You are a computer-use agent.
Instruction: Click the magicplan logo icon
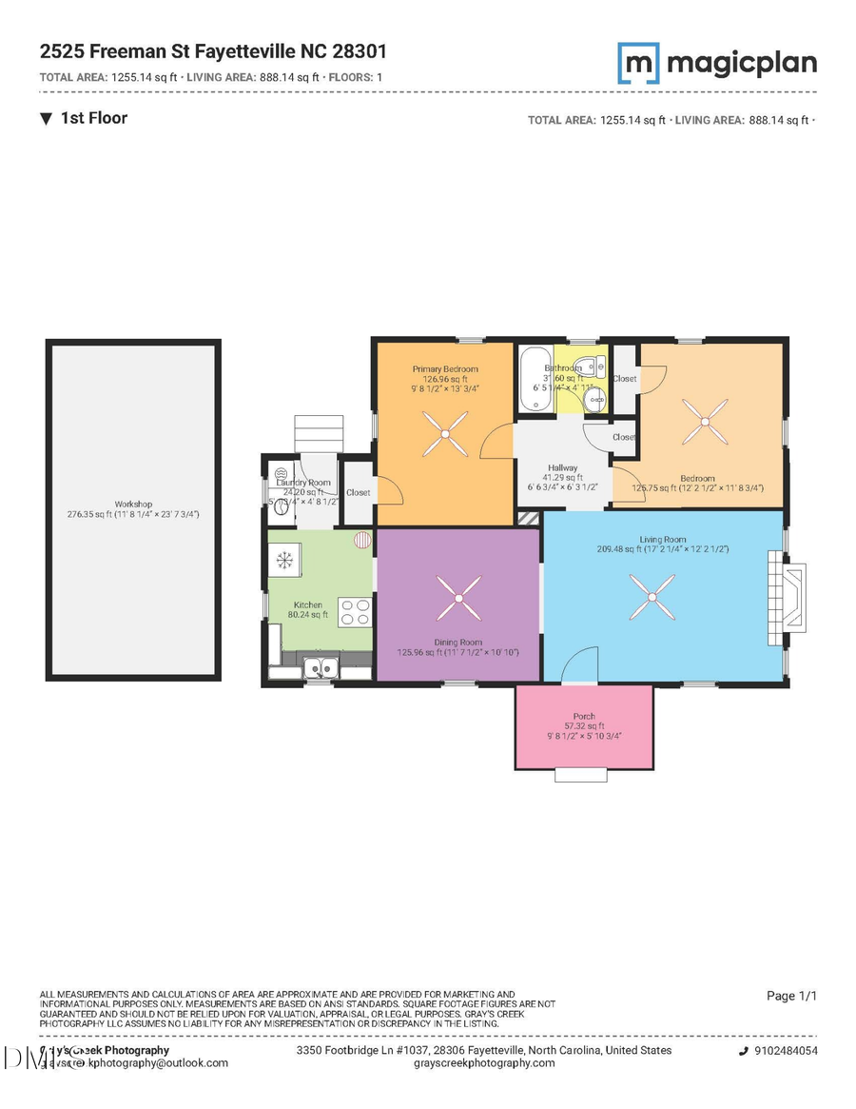638,63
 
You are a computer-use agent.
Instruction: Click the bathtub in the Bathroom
530,379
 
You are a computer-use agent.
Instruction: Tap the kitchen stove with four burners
355,611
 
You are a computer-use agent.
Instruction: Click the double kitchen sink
320,667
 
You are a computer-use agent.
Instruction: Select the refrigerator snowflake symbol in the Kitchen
283,560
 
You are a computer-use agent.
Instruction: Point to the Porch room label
584,716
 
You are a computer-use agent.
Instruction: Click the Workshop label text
134,504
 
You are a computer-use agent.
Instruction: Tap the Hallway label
561,467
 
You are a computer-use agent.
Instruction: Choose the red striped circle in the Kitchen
363,541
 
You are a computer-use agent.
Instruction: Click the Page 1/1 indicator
791,996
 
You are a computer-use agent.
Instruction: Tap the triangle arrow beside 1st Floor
47,118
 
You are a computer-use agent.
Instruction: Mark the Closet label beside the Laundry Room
359,492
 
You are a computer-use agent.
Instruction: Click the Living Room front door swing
580,664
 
